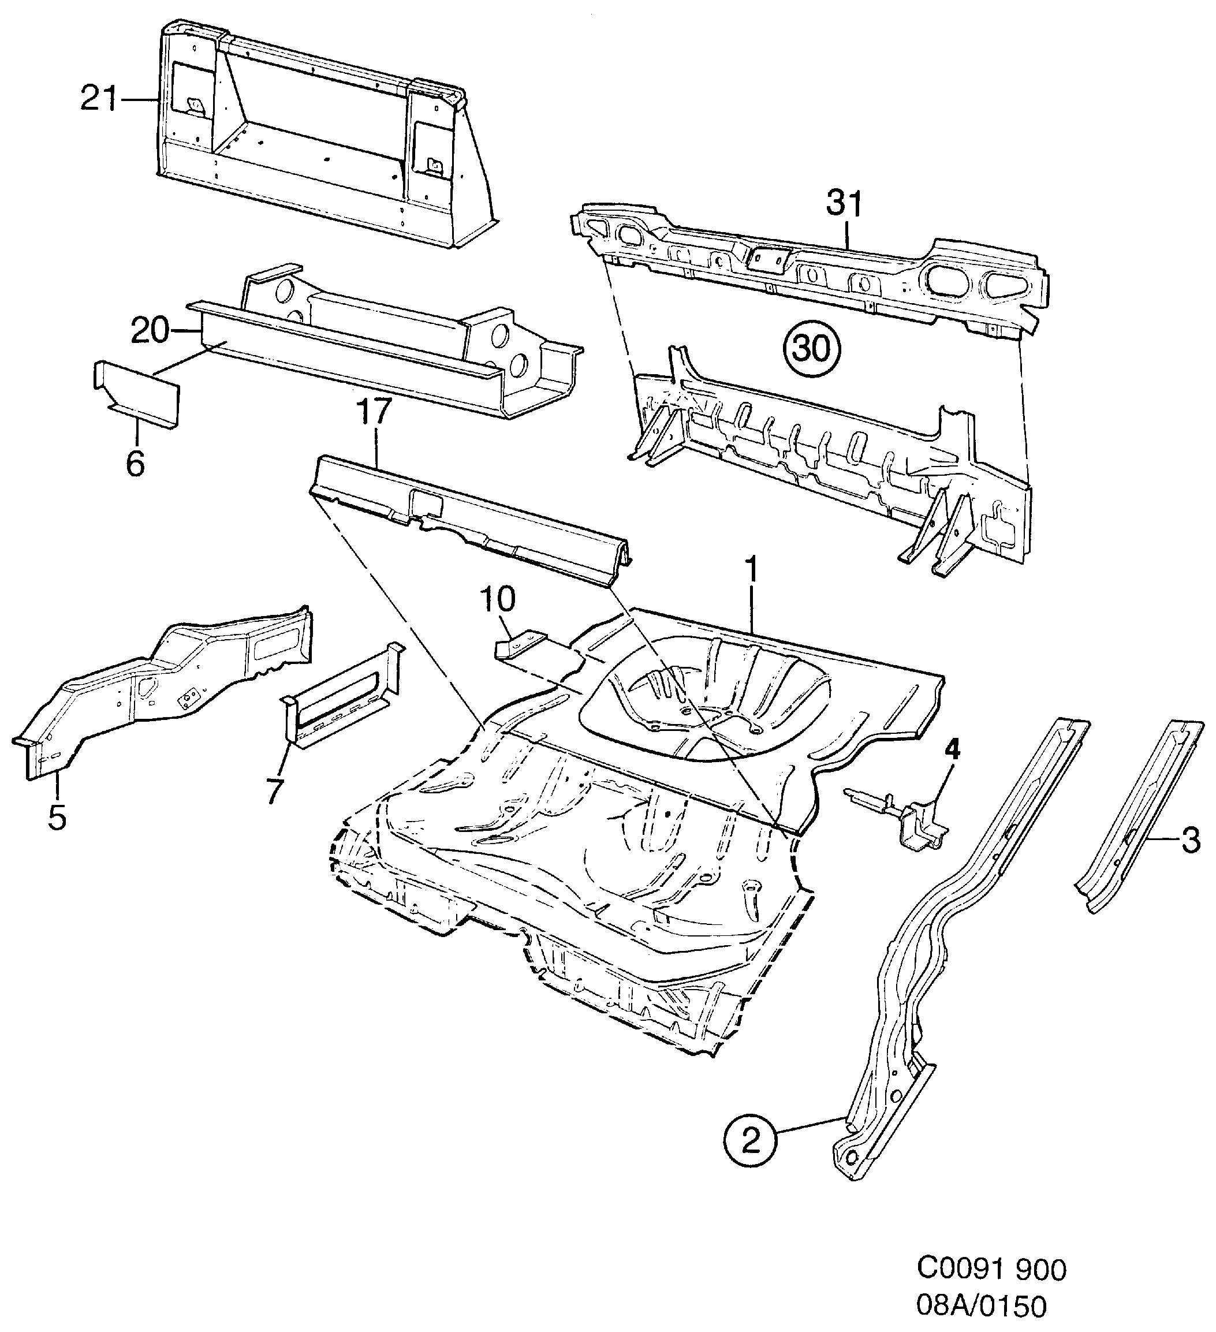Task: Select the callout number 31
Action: [x=844, y=205]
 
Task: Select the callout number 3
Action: [x=1189, y=841]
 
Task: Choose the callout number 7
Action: [x=274, y=791]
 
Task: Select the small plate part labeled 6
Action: [x=136, y=394]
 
